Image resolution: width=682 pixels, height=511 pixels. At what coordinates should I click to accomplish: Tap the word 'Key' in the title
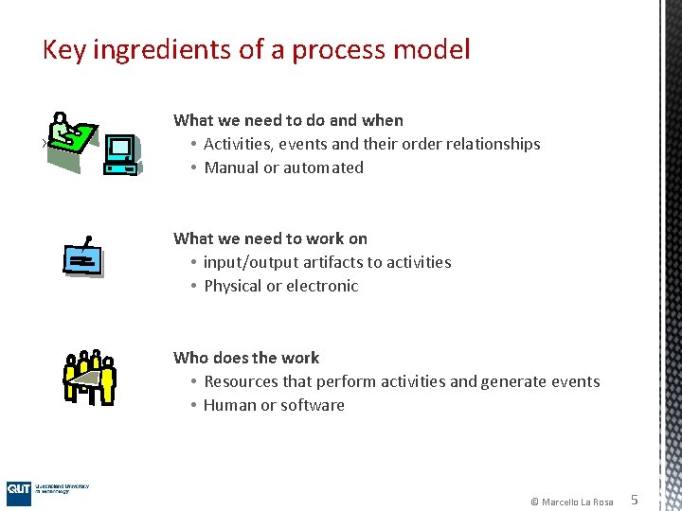[x=63, y=50]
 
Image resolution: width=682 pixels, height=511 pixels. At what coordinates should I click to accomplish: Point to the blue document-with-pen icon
[x=82, y=257]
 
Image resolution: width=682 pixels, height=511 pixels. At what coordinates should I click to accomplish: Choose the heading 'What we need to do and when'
[x=288, y=120]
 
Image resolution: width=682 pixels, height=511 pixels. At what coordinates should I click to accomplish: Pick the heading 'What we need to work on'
[x=270, y=238]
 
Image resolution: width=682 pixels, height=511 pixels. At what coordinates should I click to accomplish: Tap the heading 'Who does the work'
[x=246, y=358]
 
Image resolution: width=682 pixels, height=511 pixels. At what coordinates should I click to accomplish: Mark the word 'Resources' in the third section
[x=242, y=381]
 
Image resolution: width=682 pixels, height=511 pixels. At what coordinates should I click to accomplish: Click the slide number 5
[x=635, y=500]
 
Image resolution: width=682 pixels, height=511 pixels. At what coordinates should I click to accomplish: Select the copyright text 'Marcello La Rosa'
[x=577, y=502]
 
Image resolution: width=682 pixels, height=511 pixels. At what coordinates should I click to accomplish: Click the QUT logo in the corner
[x=19, y=489]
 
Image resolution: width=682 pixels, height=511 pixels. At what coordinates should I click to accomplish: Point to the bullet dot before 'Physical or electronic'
[x=192, y=287]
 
